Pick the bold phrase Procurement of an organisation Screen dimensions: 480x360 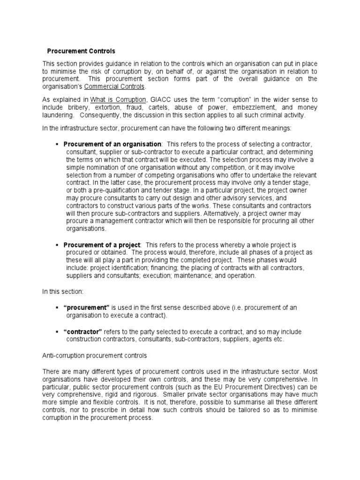coord(112,144)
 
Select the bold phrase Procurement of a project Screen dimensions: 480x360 coord(102,245)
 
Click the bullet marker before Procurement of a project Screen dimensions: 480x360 coord(57,245)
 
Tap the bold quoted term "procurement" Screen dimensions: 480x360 coord(86,307)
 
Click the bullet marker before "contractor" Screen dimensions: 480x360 coord(57,331)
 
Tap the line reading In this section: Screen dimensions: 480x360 coord(63,292)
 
